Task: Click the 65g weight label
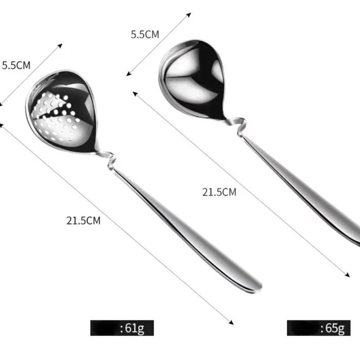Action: pos(334,328)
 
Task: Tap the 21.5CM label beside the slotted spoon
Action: pos(84,220)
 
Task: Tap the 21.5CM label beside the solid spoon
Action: pos(219,192)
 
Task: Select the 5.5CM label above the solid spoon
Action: pos(145,35)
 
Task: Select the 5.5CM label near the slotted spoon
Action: pos(16,66)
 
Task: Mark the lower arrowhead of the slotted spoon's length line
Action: pos(232,323)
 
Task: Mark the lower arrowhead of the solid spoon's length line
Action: pos(348,275)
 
